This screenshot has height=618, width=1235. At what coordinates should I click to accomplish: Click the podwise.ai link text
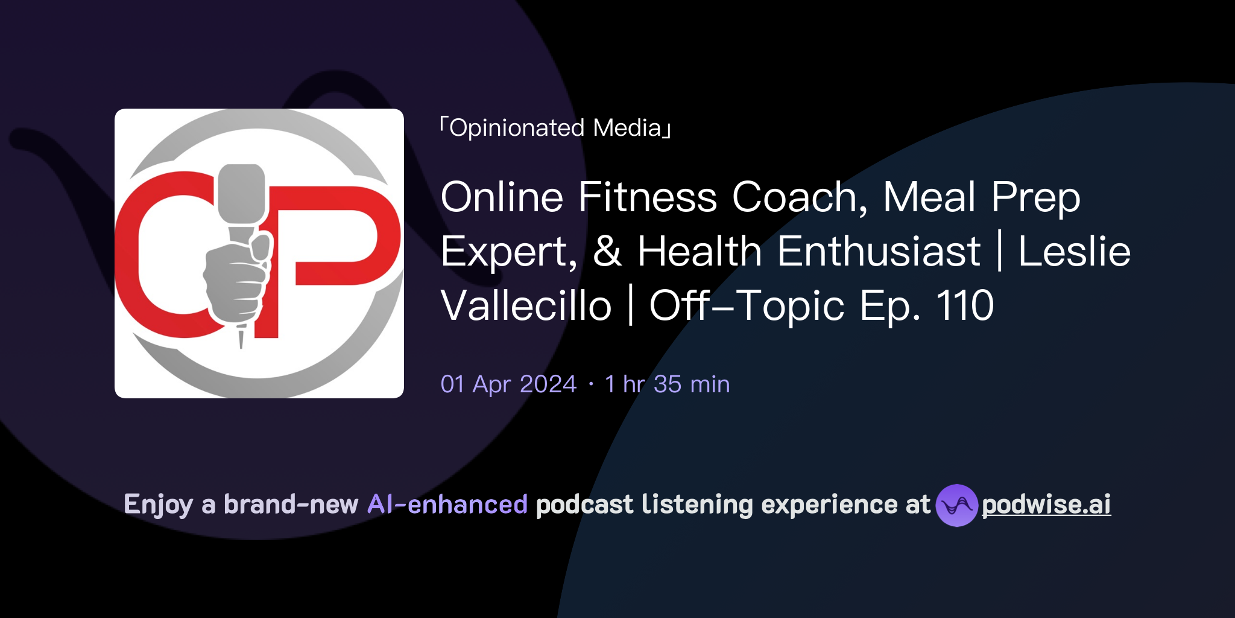coord(1046,505)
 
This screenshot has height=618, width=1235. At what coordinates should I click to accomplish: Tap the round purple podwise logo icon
coord(956,505)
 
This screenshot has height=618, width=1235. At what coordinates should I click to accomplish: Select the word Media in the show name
coord(627,128)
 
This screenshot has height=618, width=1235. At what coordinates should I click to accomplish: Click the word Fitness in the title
coord(647,197)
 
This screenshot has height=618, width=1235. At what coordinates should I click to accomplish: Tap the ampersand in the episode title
coord(607,252)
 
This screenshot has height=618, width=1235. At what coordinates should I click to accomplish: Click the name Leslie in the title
coord(1073,252)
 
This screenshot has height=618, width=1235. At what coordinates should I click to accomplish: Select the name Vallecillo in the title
coord(526,306)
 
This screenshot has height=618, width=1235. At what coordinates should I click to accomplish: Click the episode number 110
coord(964,306)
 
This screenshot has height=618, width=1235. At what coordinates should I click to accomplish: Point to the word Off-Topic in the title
coord(747,306)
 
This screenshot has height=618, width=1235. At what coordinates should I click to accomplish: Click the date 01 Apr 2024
coord(508,384)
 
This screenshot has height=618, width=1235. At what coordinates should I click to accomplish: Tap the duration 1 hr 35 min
coord(667,384)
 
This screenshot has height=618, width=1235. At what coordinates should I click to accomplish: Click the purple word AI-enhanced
coord(447,505)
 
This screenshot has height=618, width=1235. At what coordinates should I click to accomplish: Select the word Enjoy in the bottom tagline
coord(158,505)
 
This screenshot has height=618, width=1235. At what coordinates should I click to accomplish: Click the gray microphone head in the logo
coord(241,193)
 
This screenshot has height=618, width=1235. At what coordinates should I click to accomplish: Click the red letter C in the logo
coord(151,253)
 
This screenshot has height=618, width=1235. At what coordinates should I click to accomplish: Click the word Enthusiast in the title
coord(879,252)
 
